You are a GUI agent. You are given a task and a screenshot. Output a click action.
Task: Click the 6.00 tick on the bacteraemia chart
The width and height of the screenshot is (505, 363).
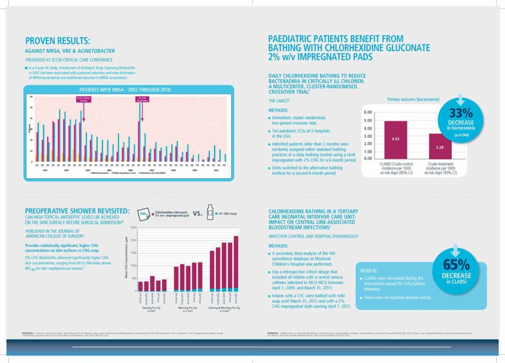[368, 112]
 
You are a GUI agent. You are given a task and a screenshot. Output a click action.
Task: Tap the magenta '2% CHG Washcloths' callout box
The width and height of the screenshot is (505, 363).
[142, 99]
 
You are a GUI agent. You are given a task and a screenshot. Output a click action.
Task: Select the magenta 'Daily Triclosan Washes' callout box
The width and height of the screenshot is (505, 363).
[83, 99]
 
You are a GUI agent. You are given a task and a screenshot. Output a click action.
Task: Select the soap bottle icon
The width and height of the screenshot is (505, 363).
[211, 213]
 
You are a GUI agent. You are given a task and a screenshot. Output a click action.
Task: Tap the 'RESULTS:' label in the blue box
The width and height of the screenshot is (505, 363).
[370, 271]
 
